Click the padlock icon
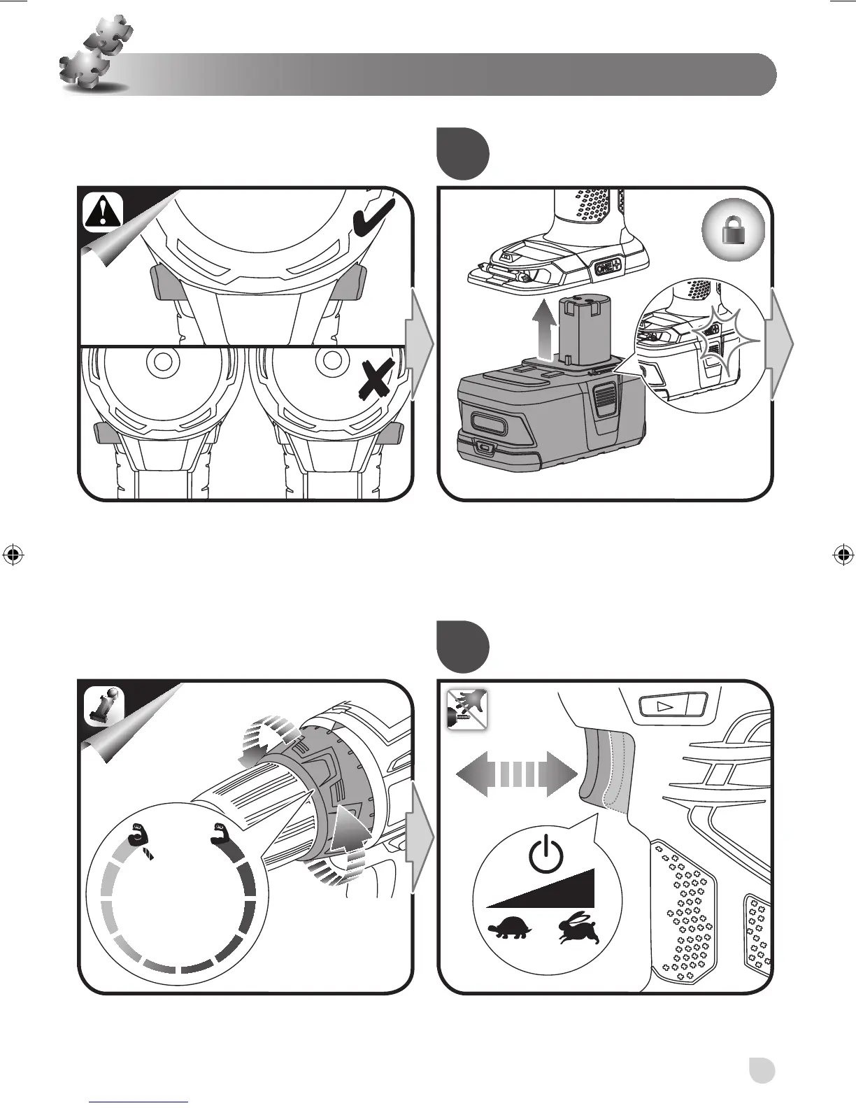coord(733,232)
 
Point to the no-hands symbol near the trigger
coord(466,708)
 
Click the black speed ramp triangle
coord(552,890)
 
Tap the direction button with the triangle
coord(670,705)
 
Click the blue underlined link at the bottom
coord(138,1101)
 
